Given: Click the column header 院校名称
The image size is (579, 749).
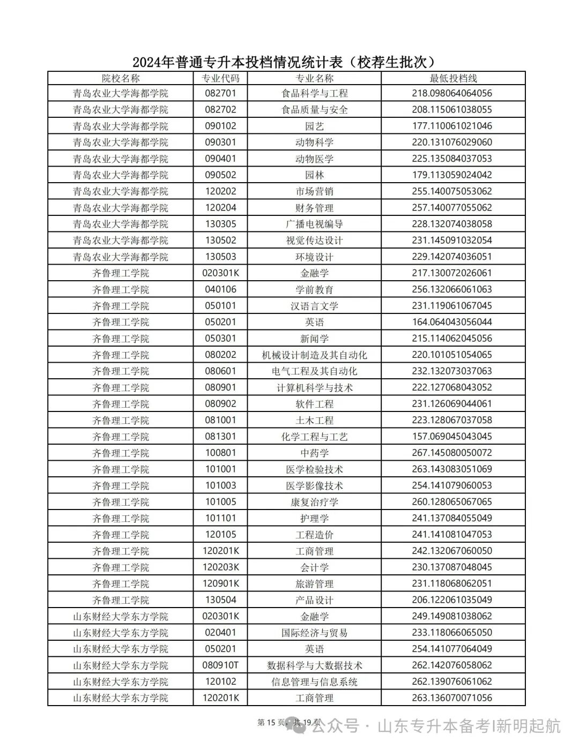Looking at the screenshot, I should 121,78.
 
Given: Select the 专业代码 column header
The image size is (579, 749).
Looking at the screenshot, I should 220,78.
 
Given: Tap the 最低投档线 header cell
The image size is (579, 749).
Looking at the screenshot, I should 453,78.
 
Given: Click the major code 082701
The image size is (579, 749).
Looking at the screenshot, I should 220,93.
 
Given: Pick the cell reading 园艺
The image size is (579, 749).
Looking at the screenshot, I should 315,126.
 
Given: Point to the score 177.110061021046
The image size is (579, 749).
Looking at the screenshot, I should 452,126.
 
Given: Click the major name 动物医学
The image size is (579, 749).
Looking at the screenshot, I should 315,159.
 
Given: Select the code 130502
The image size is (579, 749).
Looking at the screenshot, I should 220,241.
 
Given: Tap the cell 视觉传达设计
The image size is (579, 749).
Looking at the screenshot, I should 315,241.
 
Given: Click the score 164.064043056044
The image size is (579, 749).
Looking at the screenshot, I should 452,322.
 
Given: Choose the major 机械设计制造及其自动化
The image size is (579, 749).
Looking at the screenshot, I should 315,355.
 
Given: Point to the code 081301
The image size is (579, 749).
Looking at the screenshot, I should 220,437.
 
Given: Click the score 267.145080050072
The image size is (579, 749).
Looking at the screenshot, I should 452,453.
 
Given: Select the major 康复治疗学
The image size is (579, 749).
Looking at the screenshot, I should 315,502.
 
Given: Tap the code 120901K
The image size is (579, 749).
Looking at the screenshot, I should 220,583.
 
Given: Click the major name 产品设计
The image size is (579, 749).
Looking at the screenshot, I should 315,600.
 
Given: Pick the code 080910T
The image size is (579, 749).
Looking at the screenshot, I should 220,665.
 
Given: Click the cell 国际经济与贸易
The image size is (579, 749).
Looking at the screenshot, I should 315,633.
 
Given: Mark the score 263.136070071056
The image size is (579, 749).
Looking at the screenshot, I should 452,698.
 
